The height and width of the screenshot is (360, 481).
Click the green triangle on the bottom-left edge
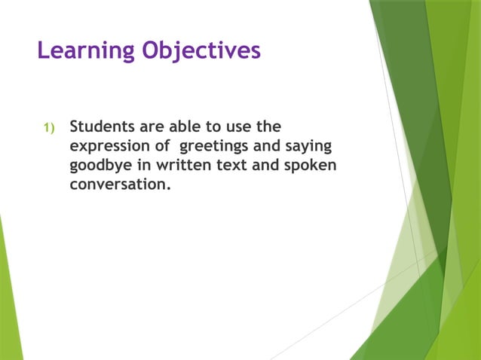[8, 301]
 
